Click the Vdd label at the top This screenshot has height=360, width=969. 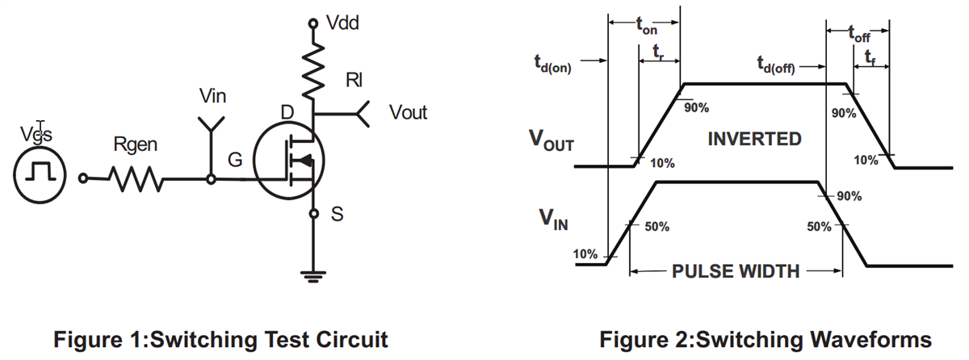pyautogui.click(x=342, y=23)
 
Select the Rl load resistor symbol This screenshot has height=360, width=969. pyautogui.click(x=313, y=70)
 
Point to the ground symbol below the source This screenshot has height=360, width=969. pyautogui.click(x=313, y=277)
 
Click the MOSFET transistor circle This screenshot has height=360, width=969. pyautogui.click(x=289, y=162)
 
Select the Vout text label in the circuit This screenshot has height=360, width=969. pyautogui.click(x=408, y=112)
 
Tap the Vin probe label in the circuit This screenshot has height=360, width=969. pyautogui.click(x=212, y=97)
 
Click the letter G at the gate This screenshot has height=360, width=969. pyautogui.click(x=234, y=161)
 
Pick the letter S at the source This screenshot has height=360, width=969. pyautogui.click(x=338, y=215)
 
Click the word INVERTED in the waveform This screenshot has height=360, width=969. pyautogui.click(x=754, y=139)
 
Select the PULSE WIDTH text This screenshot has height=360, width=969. pyautogui.click(x=735, y=271)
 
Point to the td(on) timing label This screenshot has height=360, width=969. pyautogui.click(x=552, y=65)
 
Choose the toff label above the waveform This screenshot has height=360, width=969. pyautogui.click(x=858, y=34)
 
